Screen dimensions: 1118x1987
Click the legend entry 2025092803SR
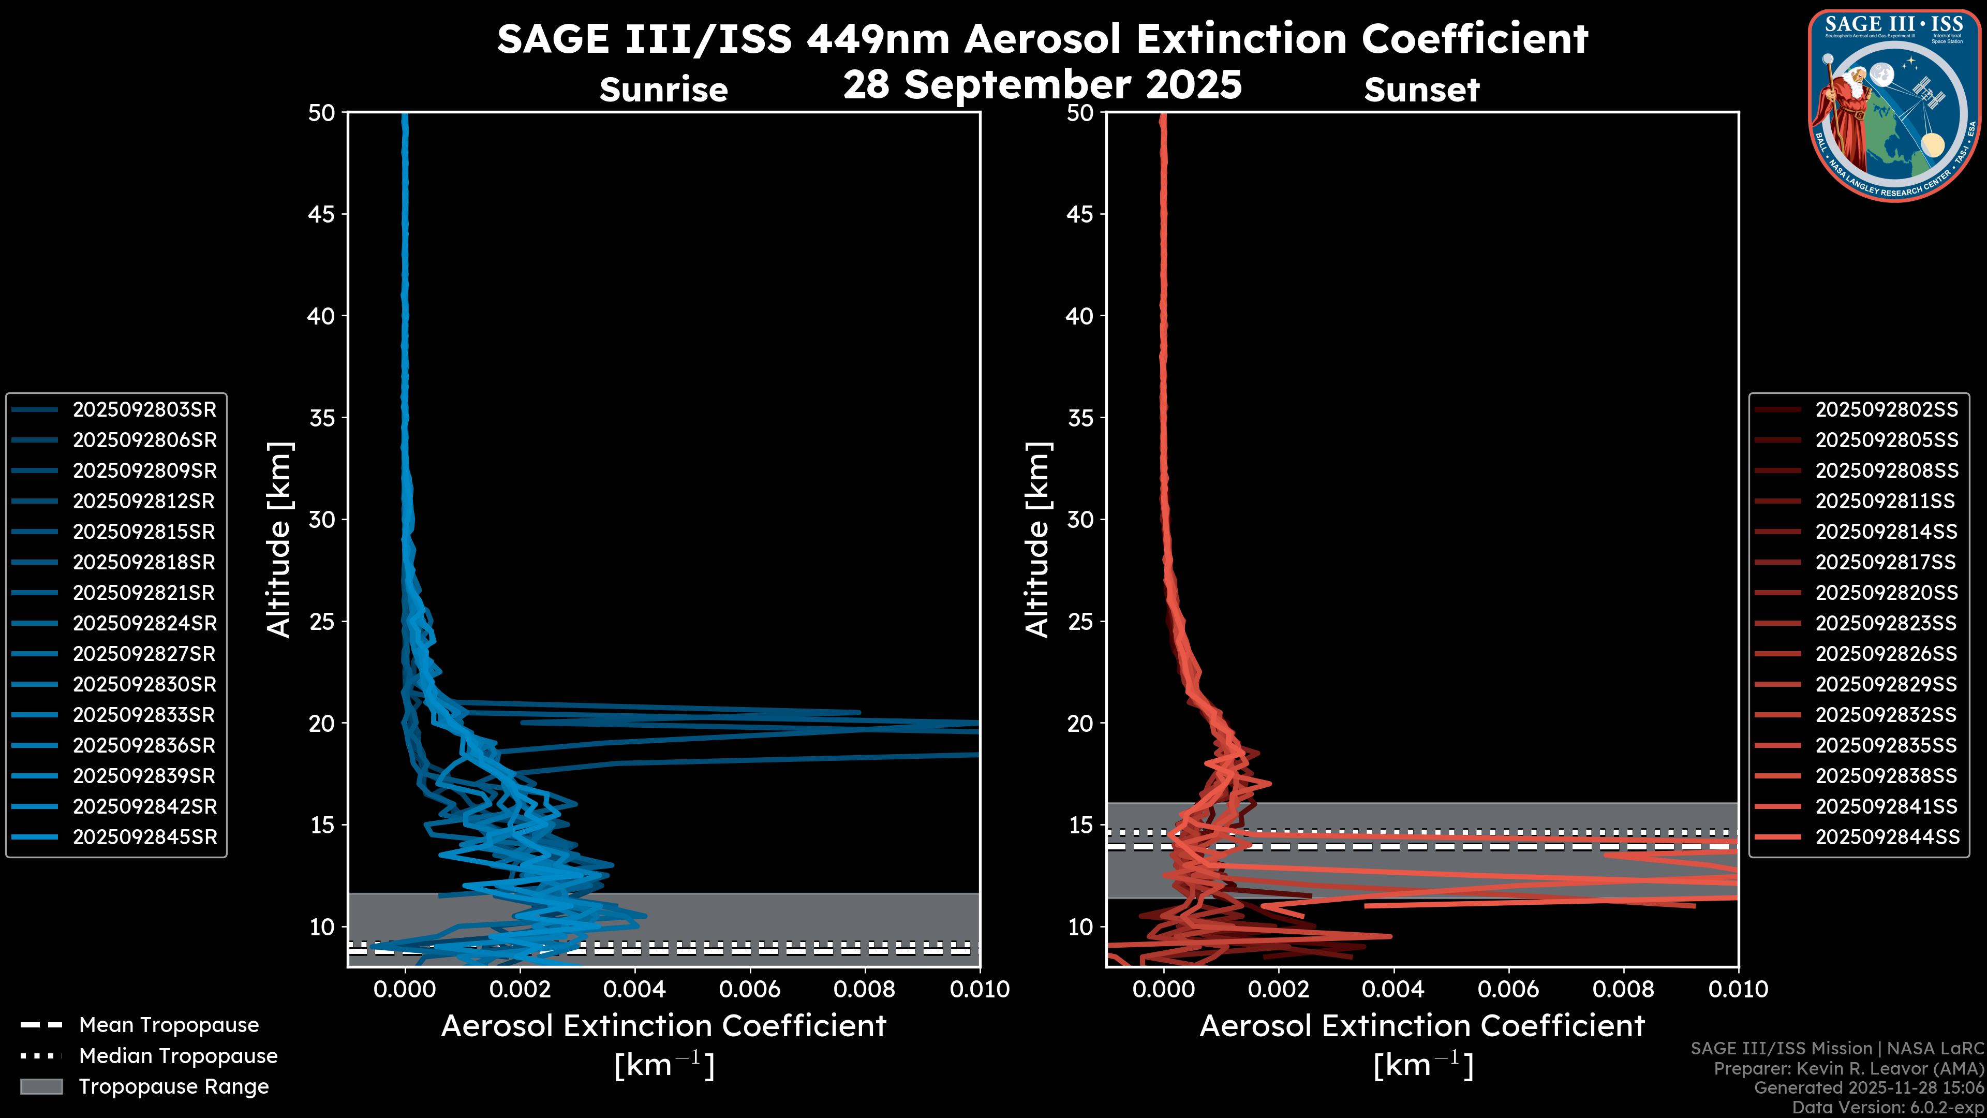click(144, 410)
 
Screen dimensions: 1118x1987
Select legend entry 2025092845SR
click(144, 837)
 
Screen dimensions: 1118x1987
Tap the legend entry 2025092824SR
click(144, 623)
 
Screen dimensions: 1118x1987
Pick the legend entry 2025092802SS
click(1886, 410)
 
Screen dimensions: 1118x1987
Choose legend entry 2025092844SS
click(1886, 837)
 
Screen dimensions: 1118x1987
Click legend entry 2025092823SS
click(1886, 623)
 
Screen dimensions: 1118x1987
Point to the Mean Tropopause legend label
click(169, 1025)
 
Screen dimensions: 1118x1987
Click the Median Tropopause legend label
click(178, 1056)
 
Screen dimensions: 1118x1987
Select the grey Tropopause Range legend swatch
click(41, 1087)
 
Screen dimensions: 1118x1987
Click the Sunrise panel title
click(663, 90)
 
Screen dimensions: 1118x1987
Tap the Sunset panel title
click(1421, 90)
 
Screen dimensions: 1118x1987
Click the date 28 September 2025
click(1042, 85)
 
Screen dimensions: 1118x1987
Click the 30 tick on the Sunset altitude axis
click(1080, 520)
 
